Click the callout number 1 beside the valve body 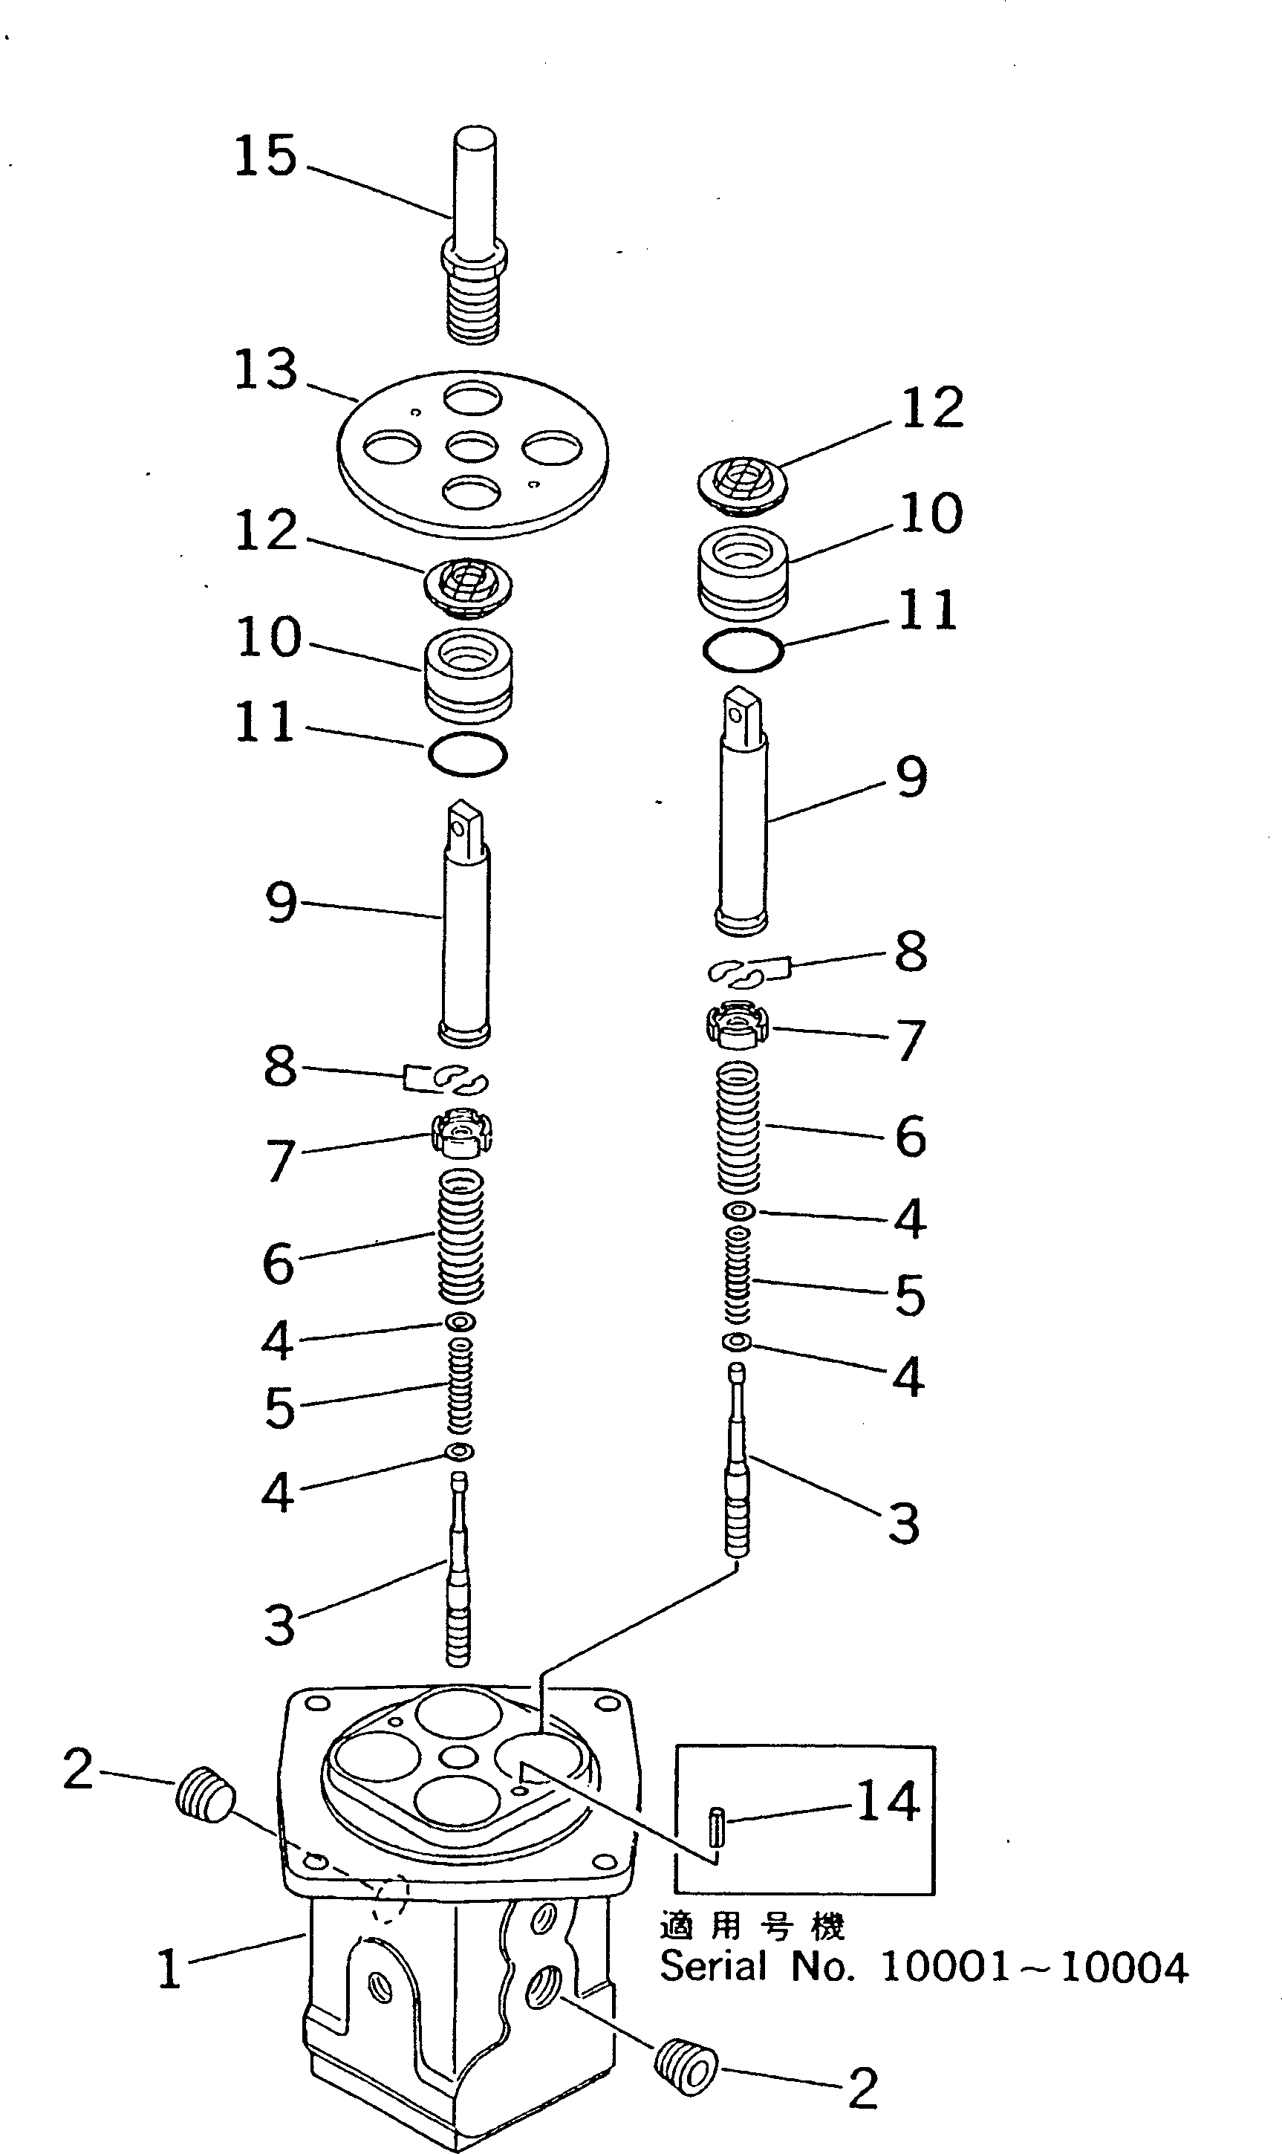pyautogui.click(x=169, y=1970)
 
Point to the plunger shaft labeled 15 pyautogui.click(x=473, y=233)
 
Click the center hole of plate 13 pyautogui.click(x=472, y=447)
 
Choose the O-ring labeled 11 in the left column pyautogui.click(x=467, y=753)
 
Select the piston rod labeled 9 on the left pyautogui.click(x=466, y=923)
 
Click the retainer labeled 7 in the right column pyautogui.click(x=736, y=1025)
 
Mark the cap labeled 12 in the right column pyautogui.click(x=742, y=482)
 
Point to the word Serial pyautogui.click(x=714, y=1968)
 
